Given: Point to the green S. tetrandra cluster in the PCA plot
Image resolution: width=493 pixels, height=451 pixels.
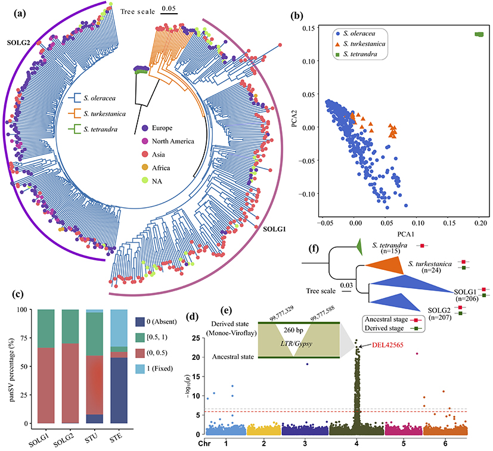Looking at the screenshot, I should click(479, 35).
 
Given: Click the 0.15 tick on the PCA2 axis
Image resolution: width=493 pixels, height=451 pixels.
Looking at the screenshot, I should click(311, 29).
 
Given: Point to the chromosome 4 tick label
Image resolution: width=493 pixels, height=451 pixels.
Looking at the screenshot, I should click(356, 444).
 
